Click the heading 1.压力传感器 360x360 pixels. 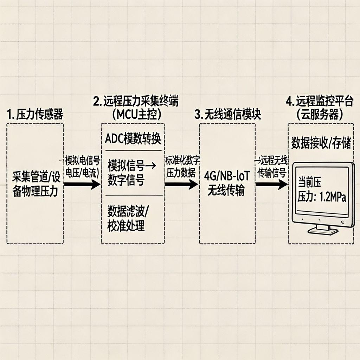click(35, 115)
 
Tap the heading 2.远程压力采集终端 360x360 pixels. click(136, 102)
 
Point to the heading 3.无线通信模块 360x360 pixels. click(227, 115)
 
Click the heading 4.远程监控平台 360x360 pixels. click(319, 102)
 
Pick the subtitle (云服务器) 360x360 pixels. click(319, 115)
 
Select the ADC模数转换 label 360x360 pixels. click(133, 139)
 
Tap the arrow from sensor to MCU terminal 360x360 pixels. click(82, 184)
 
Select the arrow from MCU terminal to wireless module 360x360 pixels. click(181, 184)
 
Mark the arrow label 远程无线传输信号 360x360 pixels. click(272, 167)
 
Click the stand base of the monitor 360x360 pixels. click(323, 231)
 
